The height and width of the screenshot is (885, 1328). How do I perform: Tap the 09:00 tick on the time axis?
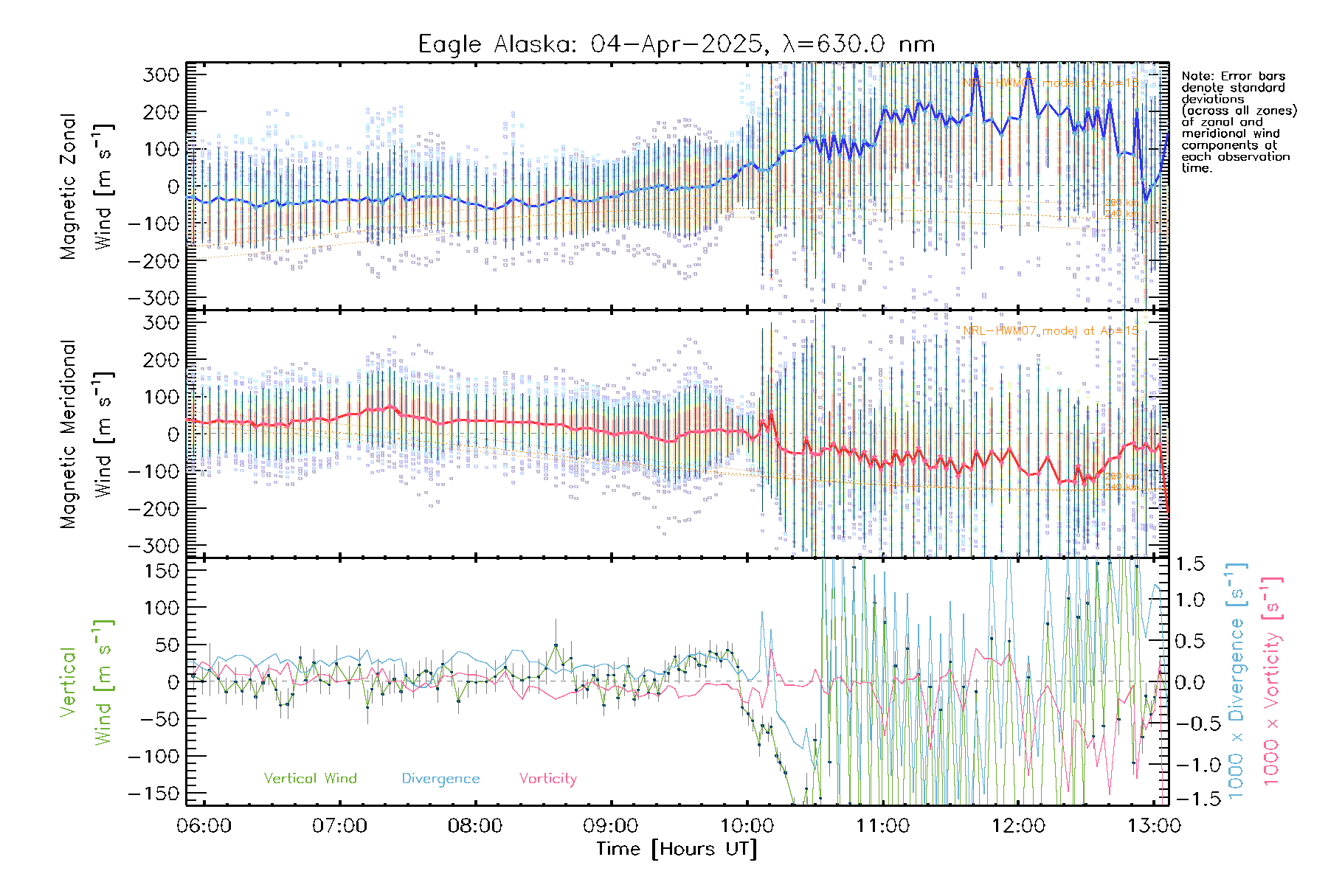tap(611, 826)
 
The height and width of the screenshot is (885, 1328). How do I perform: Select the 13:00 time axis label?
tap(1154, 826)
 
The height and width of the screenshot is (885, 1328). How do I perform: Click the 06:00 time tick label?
tap(204, 826)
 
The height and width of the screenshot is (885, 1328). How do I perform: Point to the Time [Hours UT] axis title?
tap(677, 849)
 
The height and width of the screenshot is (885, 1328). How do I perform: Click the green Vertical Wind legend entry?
tap(310, 778)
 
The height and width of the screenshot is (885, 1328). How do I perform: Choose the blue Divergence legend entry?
tap(440, 778)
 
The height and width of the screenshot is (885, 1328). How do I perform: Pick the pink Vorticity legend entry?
tap(547, 778)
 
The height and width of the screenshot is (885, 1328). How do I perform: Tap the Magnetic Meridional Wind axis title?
tap(86, 434)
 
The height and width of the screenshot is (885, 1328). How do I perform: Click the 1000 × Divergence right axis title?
tap(1237, 682)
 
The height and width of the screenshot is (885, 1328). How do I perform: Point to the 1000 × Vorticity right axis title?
tap(1272, 682)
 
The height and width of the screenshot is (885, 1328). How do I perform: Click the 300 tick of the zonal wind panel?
tap(161, 74)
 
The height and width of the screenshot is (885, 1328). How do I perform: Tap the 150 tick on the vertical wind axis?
tap(161, 571)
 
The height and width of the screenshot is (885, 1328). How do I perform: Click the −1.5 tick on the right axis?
tap(1189, 799)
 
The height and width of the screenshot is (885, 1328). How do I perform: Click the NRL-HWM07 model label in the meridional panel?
tap(1051, 331)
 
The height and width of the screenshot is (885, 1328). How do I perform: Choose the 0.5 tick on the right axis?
tap(1189, 641)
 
